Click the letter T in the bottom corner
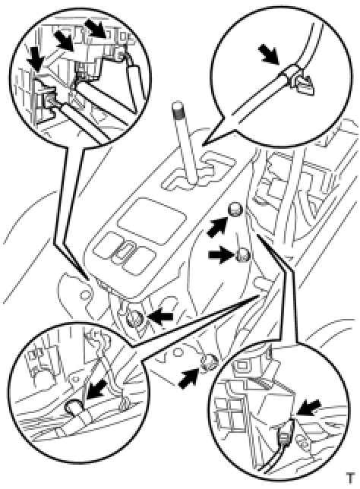(x=351, y=478)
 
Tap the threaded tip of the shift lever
(x=178, y=109)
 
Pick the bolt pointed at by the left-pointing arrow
(x=135, y=319)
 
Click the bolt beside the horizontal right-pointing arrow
(x=243, y=255)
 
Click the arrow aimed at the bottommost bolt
(x=189, y=378)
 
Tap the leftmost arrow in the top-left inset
(x=35, y=61)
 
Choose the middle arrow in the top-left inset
(x=65, y=39)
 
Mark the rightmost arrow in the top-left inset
(x=96, y=27)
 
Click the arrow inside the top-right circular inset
(x=269, y=55)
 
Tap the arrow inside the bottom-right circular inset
(x=308, y=407)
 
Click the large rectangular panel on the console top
(x=152, y=220)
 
